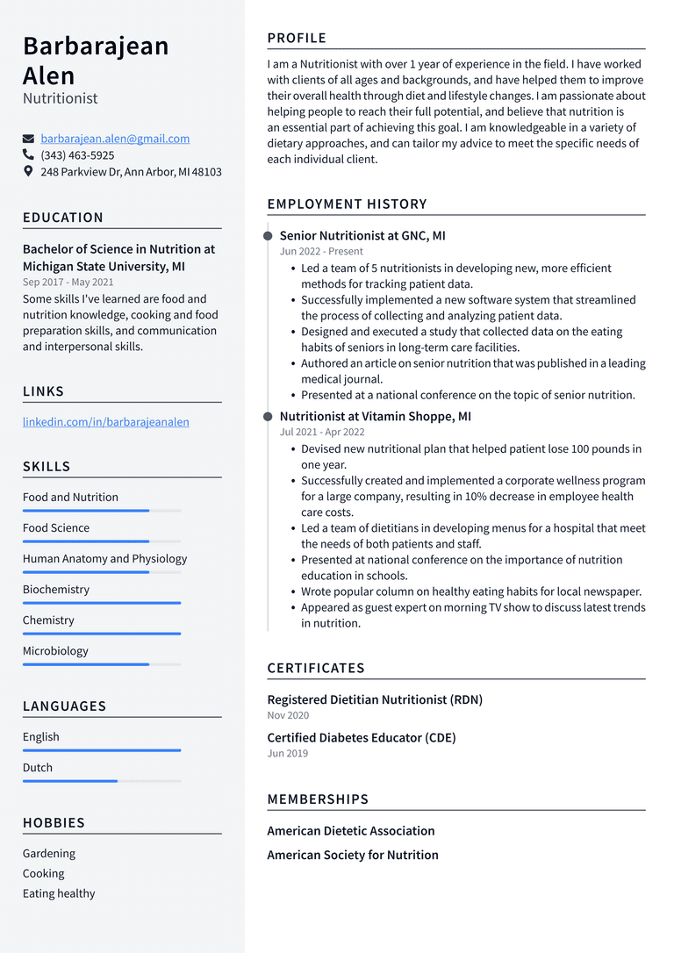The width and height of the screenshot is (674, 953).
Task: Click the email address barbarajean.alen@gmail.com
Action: [x=115, y=139]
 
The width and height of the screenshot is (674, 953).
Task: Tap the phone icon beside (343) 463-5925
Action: [x=29, y=155]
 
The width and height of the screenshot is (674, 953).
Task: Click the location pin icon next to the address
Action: [x=29, y=172]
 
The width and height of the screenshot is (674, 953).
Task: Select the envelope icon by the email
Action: [x=29, y=139]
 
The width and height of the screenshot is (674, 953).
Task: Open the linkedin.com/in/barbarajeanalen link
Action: [x=105, y=422]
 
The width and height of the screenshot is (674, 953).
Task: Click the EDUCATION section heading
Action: [x=63, y=218]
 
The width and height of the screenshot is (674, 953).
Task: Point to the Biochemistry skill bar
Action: [x=102, y=603]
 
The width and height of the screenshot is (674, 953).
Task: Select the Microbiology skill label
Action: [x=55, y=651]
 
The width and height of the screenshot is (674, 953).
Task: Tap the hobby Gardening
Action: [x=49, y=854]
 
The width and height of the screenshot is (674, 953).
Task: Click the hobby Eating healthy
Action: [x=59, y=894]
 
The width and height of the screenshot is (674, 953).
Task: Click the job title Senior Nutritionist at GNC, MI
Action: [x=362, y=236]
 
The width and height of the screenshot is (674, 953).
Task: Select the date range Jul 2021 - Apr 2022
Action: [x=322, y=433]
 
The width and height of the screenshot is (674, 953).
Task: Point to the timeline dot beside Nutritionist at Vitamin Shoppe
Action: [x=268, y=417]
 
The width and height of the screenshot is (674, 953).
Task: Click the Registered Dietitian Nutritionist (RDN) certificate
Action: [x=375, y=700]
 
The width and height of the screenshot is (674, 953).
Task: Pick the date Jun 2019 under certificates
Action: [x=287, y=754]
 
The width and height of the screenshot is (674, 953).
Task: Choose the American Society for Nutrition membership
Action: [x=353, y=856]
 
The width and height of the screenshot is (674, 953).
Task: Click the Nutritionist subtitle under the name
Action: [x=61, y=98]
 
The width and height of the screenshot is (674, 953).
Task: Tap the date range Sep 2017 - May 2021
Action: [x=68, y=283]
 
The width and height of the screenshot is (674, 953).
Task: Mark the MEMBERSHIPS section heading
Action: [x=318, y=799]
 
